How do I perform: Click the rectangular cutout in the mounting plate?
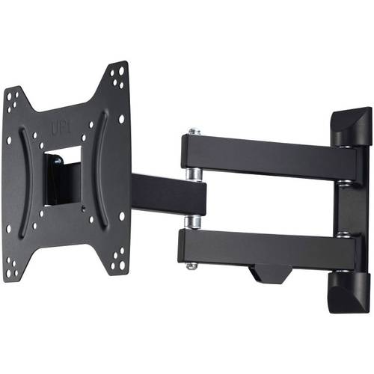[x=63, y=177]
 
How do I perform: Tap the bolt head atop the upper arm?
[x=194, y=132]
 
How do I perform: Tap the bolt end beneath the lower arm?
[x=193, y=265]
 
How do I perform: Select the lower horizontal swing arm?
[x=262, y=247]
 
